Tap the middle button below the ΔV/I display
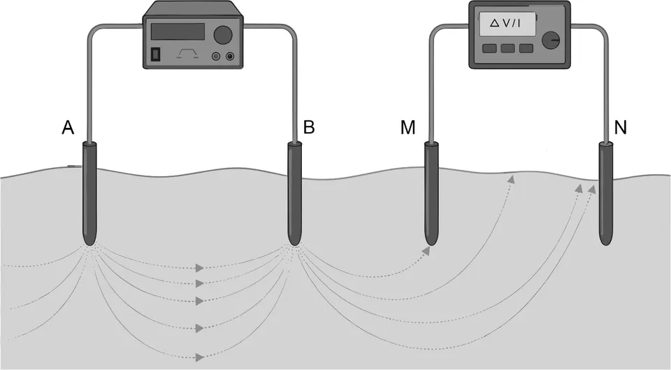(508, 48)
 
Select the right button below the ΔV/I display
(526, 48)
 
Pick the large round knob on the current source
(223, 34)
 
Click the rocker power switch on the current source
(157, 54)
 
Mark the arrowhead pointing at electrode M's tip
(425, 250)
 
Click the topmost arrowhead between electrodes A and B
(201, 268)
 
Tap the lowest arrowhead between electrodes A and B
(201, 357)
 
